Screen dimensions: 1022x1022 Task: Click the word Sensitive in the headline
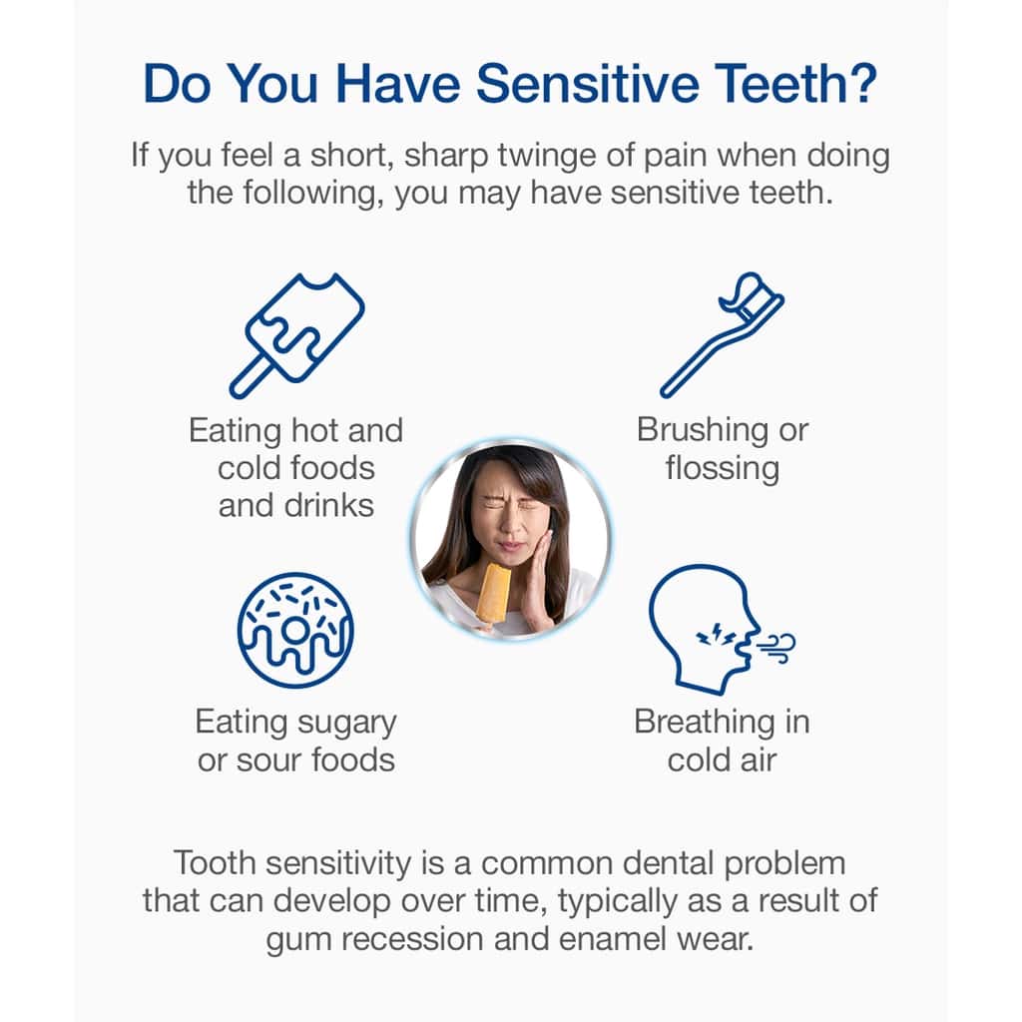[587, 84]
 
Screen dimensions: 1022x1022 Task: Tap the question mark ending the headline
[861, 83]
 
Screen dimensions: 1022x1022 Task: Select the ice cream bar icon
[296, 335]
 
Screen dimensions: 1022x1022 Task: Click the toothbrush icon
[723, 335]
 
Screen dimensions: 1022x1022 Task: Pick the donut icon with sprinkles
[295, 631]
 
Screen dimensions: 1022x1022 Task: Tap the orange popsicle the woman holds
[493, 593]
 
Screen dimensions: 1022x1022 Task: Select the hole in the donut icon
[294, 630]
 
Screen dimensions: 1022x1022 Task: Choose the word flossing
[723, 469]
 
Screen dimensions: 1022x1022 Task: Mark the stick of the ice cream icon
[251, 377]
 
